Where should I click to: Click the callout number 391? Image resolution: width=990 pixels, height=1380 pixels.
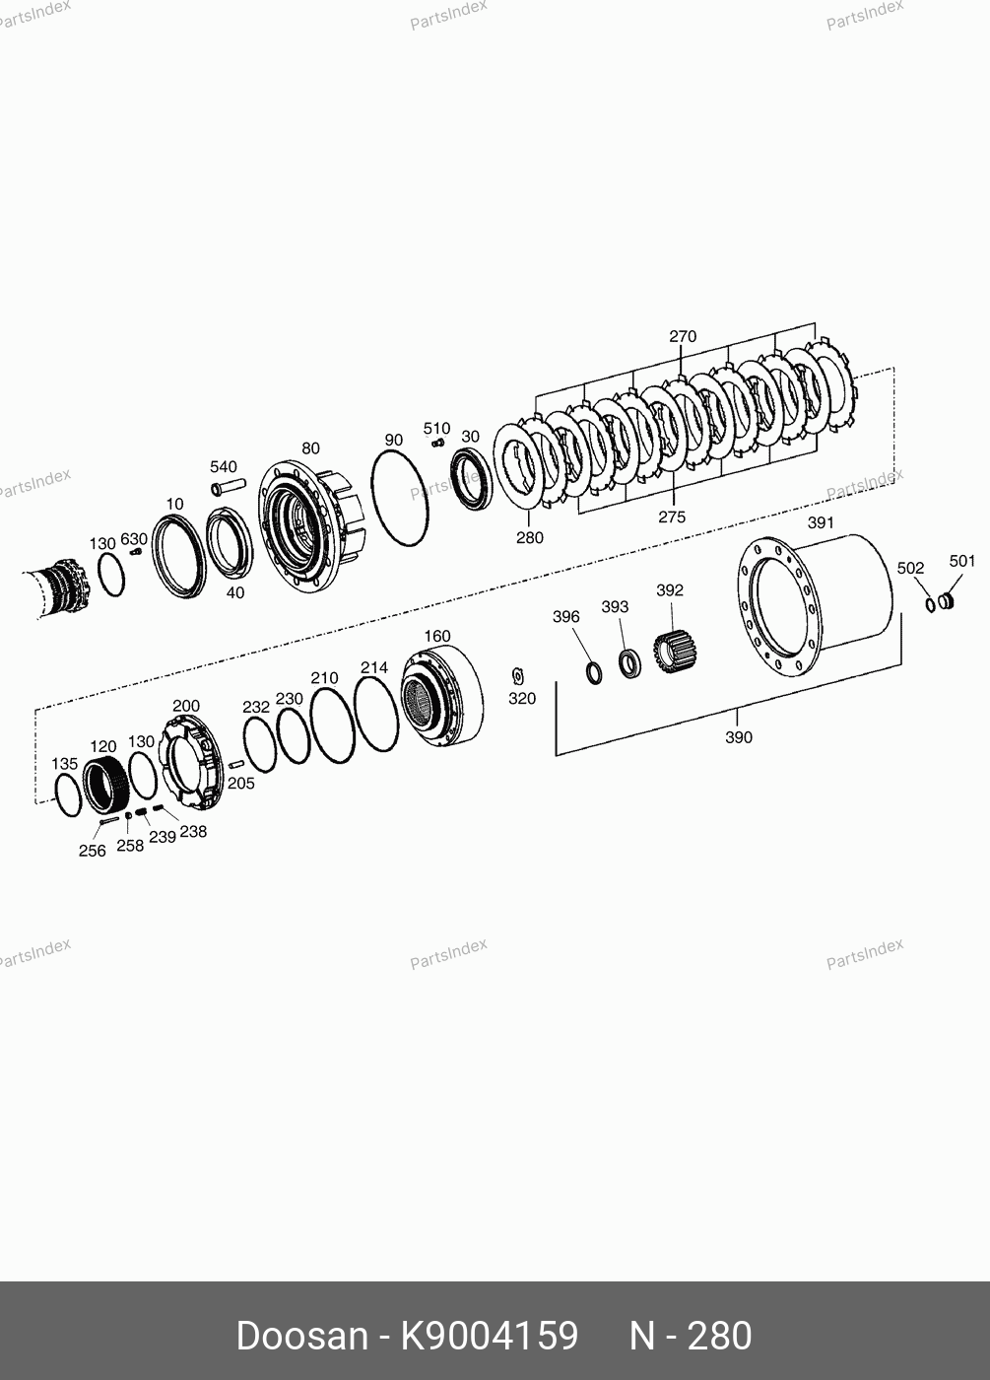coord(821,522)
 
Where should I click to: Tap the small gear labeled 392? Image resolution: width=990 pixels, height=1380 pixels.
coord(675,652)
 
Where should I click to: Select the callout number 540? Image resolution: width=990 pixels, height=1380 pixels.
coord(224,466)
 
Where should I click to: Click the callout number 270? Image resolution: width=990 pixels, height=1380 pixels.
coord(683,336)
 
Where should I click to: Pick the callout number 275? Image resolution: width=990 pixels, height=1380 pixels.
coord(672,517)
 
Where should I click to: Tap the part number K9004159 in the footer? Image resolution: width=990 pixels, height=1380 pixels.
coord(490,1336)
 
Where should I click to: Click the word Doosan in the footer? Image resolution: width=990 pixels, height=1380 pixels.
coord(301,1336)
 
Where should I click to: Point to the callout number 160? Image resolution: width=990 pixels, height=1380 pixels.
coord(437,636)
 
